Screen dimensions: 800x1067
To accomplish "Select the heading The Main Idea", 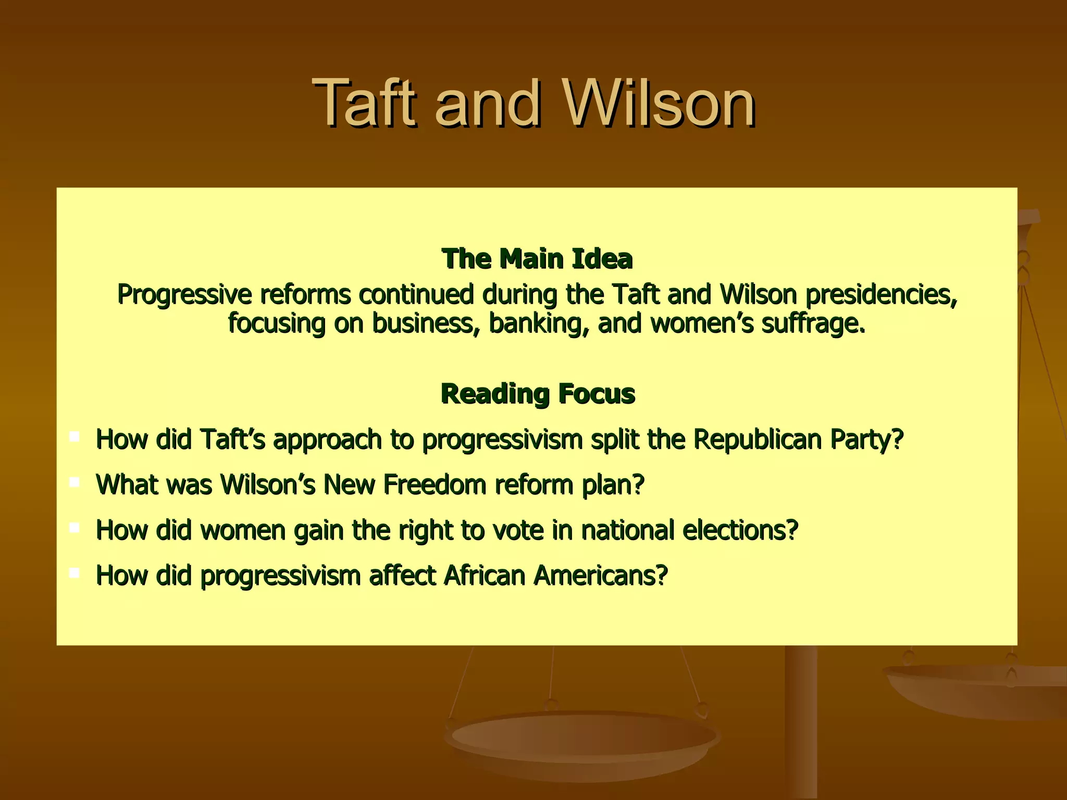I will [537, 259].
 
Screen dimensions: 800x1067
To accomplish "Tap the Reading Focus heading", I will [538, 394].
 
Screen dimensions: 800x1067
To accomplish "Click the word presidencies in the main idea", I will [881, 295].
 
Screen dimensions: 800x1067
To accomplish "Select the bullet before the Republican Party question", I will [75, 436].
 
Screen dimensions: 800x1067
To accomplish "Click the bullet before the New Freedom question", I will [75, 482].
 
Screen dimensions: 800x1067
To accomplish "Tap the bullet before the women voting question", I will [75, 528].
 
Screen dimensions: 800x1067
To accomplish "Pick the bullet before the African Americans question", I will [75, 573].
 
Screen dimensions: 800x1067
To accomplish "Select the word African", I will [485, 576].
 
